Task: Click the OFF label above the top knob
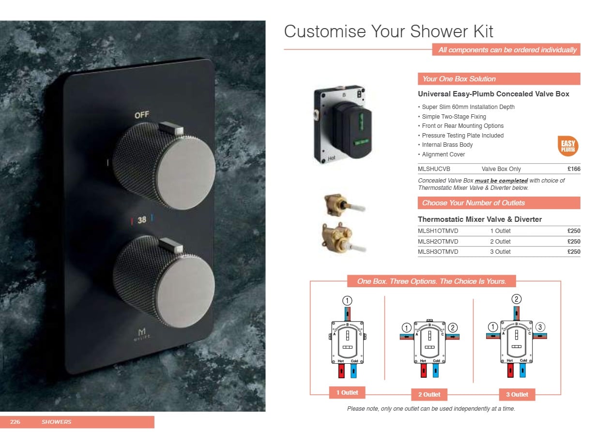pos(142,115)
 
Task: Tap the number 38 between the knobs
pos(142,220)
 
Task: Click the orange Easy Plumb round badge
pos(568,146)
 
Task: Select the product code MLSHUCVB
pos(434,169)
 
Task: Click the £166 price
pos(574,169)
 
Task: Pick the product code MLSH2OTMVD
pos(438,242)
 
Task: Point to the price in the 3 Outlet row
pos(574,252)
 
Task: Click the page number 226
pos(15,422)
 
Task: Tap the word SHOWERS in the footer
pos(57,422)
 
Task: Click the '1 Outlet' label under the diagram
pos(347,392)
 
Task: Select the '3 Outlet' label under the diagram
pos(517,394)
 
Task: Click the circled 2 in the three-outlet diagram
pos(517,299)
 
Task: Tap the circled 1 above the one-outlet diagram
pos(347,301)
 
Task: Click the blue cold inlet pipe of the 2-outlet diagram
pos(436,370)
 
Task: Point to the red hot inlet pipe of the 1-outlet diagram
pos(341,371)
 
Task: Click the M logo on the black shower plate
pos(141,332)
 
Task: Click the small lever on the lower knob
pos(171,245)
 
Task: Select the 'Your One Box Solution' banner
pos(499,79)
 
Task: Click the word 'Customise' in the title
pos(325,31)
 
